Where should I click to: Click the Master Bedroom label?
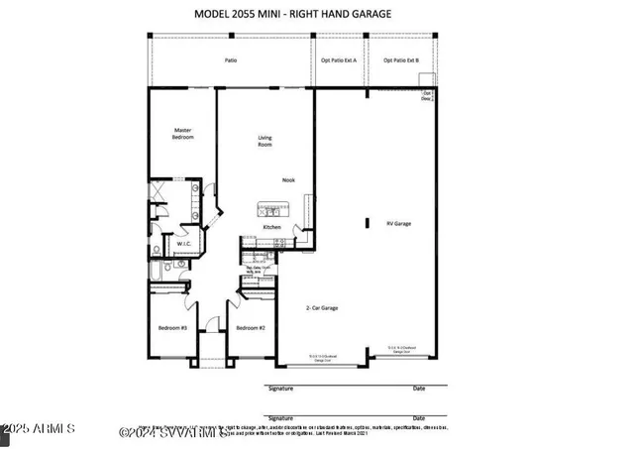[x=182, y=133]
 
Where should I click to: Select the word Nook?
[x=288, y=179]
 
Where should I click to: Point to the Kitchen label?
[x=271, y=227]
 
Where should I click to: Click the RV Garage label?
[x=398, y=223]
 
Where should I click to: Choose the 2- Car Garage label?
[x=322, y=308]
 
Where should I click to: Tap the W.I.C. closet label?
[x=183, y=243]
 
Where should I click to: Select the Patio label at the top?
[x=230, y=60]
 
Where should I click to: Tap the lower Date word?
[x=419, y=418]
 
